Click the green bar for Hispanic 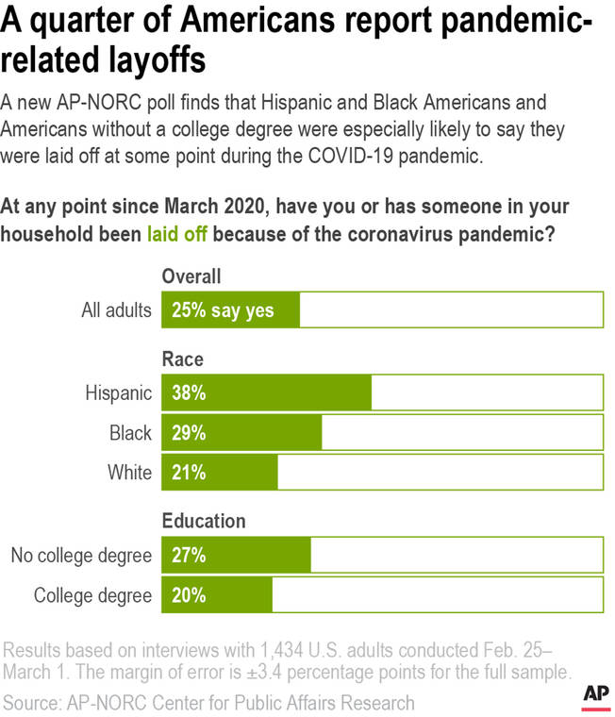pos(267,393)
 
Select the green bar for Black pos(242,433)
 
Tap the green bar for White pos(221,473)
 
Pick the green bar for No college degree pos(237,556)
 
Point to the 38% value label pos(189,393)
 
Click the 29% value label pos(189,433)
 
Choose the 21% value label pos(189,473)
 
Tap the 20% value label pos(189,595)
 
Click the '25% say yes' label pos(223,310)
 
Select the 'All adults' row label pos(116,310)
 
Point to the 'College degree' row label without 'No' pos(92,595)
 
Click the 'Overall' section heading pos(191,276)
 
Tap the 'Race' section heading pos(183,359)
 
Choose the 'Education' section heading pos(204,521)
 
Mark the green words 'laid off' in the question pos(176,232)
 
